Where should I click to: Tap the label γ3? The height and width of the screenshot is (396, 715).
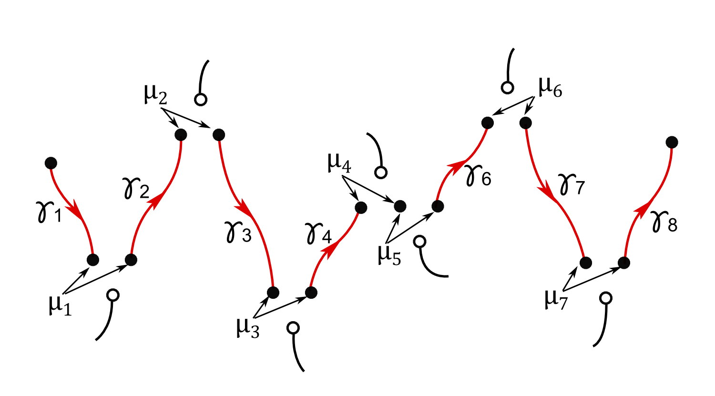[237, 232]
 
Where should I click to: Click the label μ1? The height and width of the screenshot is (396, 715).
[60, 305]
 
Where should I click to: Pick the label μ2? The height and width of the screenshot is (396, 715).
[155, 94]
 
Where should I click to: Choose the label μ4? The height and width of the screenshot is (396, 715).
[339, 162]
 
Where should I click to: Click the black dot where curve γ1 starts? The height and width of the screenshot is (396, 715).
[51, 163]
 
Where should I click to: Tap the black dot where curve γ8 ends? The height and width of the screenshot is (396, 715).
[672, 142]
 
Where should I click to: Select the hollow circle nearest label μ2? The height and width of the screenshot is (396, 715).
[201, 100]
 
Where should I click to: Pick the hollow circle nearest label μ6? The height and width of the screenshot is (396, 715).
[508, 88]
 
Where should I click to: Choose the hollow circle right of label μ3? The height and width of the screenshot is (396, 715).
[293, 328]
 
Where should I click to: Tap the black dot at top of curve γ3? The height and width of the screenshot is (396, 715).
[218, 135]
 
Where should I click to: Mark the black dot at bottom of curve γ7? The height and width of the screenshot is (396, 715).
[586, 263]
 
